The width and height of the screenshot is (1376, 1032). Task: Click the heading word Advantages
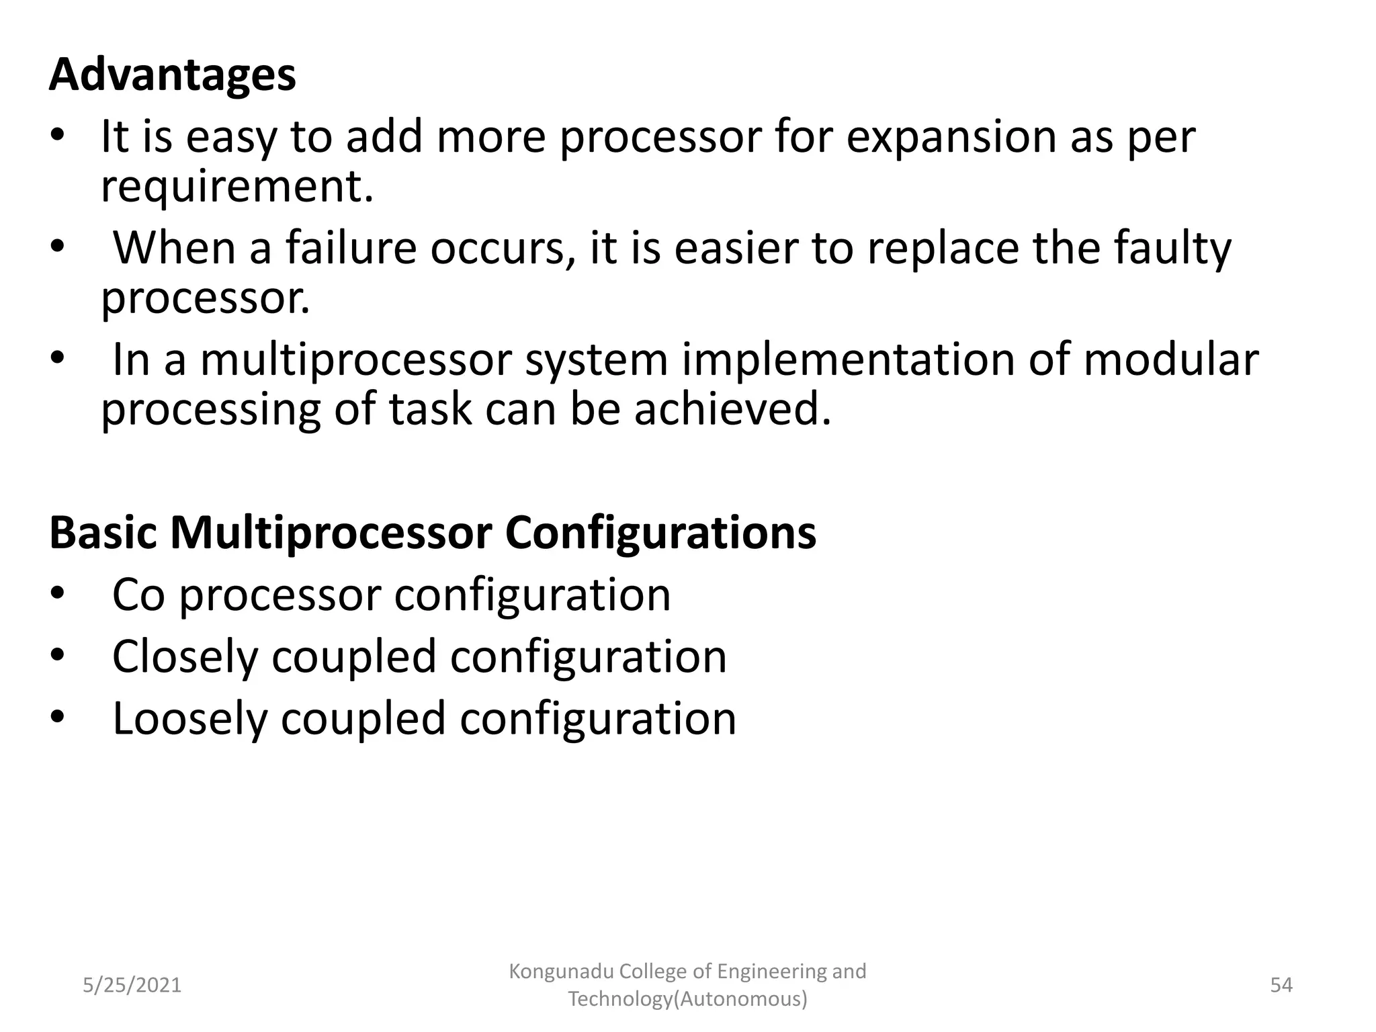172,75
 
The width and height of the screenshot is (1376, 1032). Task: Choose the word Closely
185,657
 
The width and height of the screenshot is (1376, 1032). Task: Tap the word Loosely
189,720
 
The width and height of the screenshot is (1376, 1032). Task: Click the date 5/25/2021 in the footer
132,985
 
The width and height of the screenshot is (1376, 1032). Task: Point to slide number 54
1281,985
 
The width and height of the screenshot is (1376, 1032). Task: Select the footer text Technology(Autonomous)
687,999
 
